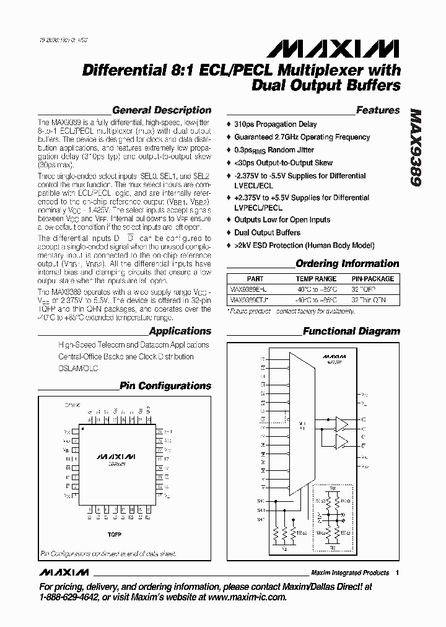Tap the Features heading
[x=378, y=110]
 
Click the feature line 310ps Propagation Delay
[x=275, y=125]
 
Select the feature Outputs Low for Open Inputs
[x=282, y=220]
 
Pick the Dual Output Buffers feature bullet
[x=267, y=233]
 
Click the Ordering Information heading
[x=347, y=263]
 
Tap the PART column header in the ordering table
[x=255, y=279]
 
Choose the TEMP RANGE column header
[x=316, y=279]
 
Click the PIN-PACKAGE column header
[x=372, y=279]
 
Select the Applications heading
[x=180, y=331]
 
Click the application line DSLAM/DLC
[x=78, y=368]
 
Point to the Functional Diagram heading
[x=351, y=331]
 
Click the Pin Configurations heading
[x=165, y=386]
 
